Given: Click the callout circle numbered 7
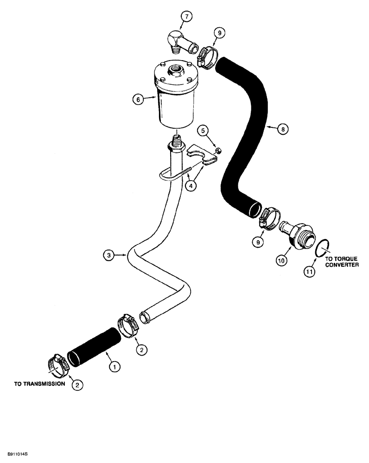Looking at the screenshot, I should point(187,17).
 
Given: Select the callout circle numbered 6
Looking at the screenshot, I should point(137,99).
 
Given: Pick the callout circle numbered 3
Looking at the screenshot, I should point(108,255).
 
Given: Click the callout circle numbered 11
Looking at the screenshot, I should point(309,272).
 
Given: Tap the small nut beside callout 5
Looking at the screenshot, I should point(218,150).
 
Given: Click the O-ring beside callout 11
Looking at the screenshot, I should point(321,248).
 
